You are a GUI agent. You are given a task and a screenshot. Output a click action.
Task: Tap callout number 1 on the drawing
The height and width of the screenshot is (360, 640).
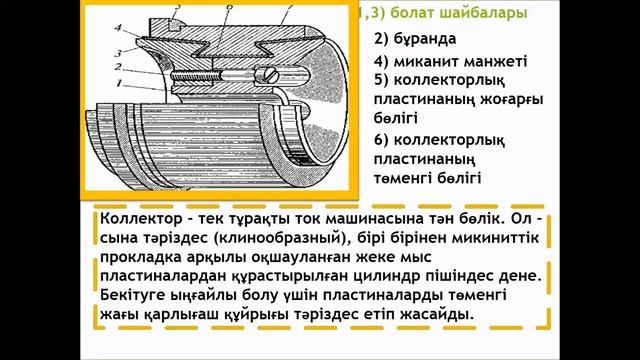[x=118, y=85]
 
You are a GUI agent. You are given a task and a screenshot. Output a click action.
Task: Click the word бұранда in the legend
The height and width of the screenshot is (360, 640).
[x=413, y=40]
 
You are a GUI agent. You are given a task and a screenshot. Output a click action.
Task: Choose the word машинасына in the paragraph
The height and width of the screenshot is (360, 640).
[x=355, y=219]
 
